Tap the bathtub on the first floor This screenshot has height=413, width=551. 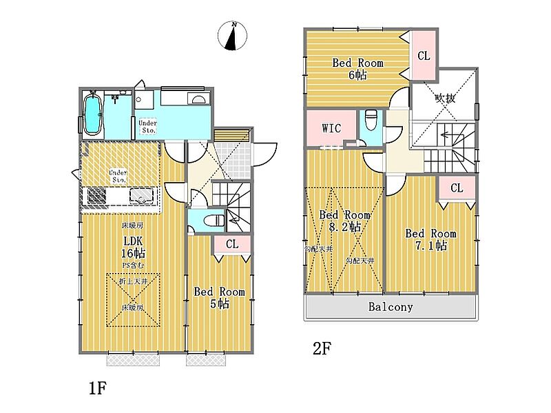pyautogui.click(x=92, y=115)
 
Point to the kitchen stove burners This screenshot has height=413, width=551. pyautogui.click(x=96, y=197)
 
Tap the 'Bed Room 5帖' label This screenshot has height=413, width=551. pyautogui.click(x=218, y=298)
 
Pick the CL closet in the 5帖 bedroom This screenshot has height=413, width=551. pyautogui.click(x=231, y=244)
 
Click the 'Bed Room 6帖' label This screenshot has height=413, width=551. pyautogui.click(x=357, y=69)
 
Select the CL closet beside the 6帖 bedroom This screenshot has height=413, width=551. pyautogui.click(x=423, y=56)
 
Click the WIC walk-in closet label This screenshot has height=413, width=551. pyautogui.click(x=332, y=129)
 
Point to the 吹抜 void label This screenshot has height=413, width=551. pyautogui.click(x=445, y=98)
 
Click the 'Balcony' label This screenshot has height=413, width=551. pyautogui.click(x=390, y=307)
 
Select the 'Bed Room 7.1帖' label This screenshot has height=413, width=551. pyautogui.click(x=430, y=239)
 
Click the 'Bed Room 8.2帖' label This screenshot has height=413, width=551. pyautogui.click(x=346, y=220)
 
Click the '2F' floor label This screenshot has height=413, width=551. pyautogui.click(x=322, y=348)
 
